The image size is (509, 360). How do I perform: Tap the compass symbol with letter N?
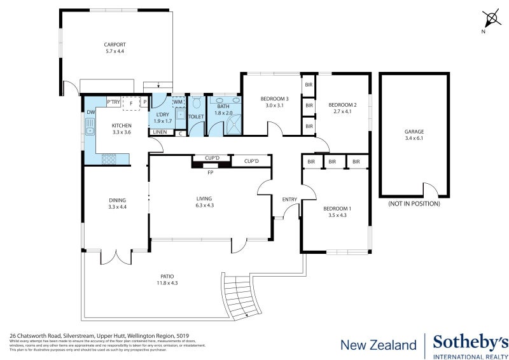pyautogui.click(x=490, y=18)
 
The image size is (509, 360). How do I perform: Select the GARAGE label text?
pyautogui.click(x=414, y=132)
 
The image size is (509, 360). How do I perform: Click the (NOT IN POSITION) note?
pyautogui.click(x=414, y=204)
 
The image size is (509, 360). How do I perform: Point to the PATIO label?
pyautogui.click(x=167, y=276)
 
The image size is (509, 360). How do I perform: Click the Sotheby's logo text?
pyautogui.click(x=470, y=343)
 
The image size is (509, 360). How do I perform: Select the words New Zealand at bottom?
pyautogui.click(x=379, y=345)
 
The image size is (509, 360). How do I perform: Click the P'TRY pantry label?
pyautogui.click(x=114, y=102)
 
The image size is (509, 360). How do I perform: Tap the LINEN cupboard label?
pyautogui.click(x=160, y=132)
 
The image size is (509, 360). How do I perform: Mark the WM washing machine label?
pyautogui.click(x=178, y=102)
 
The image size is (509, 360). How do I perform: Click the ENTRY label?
pyautogui.click(x=289, y=200)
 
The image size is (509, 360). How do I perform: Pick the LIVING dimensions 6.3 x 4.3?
pyautogui.click(x=204, y=205)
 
